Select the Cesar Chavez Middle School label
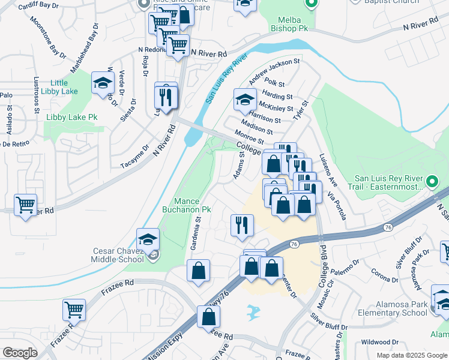[118, 255]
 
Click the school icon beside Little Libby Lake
[103, 83]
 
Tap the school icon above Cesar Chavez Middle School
[148, 239]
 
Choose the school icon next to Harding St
[245, 100]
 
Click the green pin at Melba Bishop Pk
[311, 5]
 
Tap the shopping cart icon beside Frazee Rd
[74, 310]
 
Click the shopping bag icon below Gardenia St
[198, 271]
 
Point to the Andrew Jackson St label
[274, 71]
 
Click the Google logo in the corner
[20, 353]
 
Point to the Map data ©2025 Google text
[411, 355]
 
